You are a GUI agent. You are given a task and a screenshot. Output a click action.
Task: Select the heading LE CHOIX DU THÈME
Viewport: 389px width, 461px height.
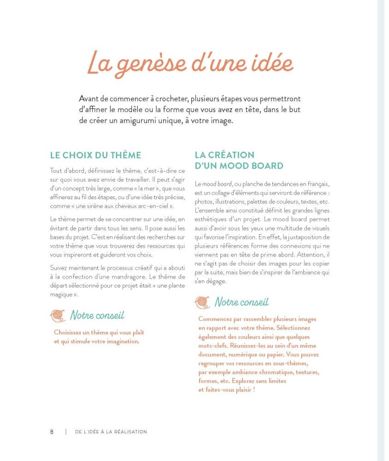(95, 155)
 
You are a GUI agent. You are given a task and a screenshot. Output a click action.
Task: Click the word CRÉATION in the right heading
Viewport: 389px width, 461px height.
(231, 155)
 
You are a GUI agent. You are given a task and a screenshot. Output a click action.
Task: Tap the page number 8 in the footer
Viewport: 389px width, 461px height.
(52, 432)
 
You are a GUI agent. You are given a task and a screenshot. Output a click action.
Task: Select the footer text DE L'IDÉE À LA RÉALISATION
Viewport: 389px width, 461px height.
(111, 432)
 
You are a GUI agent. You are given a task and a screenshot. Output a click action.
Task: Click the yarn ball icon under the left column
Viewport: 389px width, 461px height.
(58, 315)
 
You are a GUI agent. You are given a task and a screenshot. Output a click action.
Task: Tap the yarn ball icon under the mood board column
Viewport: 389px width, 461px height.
(202, 302)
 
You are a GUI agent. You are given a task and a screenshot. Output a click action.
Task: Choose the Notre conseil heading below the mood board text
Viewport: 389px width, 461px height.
(242, 302)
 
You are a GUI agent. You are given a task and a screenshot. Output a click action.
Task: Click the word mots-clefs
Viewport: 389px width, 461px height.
(212, 346)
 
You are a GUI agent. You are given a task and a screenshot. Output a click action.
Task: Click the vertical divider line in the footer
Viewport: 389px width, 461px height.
(65, 432)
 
